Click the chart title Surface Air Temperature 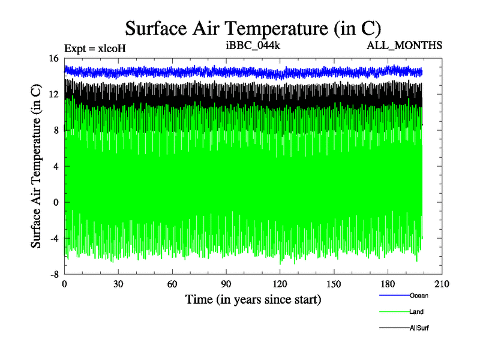(x=253, y=28)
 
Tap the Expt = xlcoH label (x=95, y=47)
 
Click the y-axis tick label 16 (x=53, y=58)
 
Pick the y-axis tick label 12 (x=53, y=94)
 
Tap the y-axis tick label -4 (x=53, y=238)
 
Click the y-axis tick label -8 (x=53, y=274)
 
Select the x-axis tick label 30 (x=118, y=284)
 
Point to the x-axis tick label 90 (x=226, y=284)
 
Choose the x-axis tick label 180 (x=388, y=284)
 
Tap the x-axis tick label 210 (x=442, y=284)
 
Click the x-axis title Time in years (x=253, y=299)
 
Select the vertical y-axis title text (x=36, y=166)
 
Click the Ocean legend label (x=419, y=295)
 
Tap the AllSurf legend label (x=419, y=328)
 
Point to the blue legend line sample (x=394, y=295)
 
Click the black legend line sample (x=394, y=328)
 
